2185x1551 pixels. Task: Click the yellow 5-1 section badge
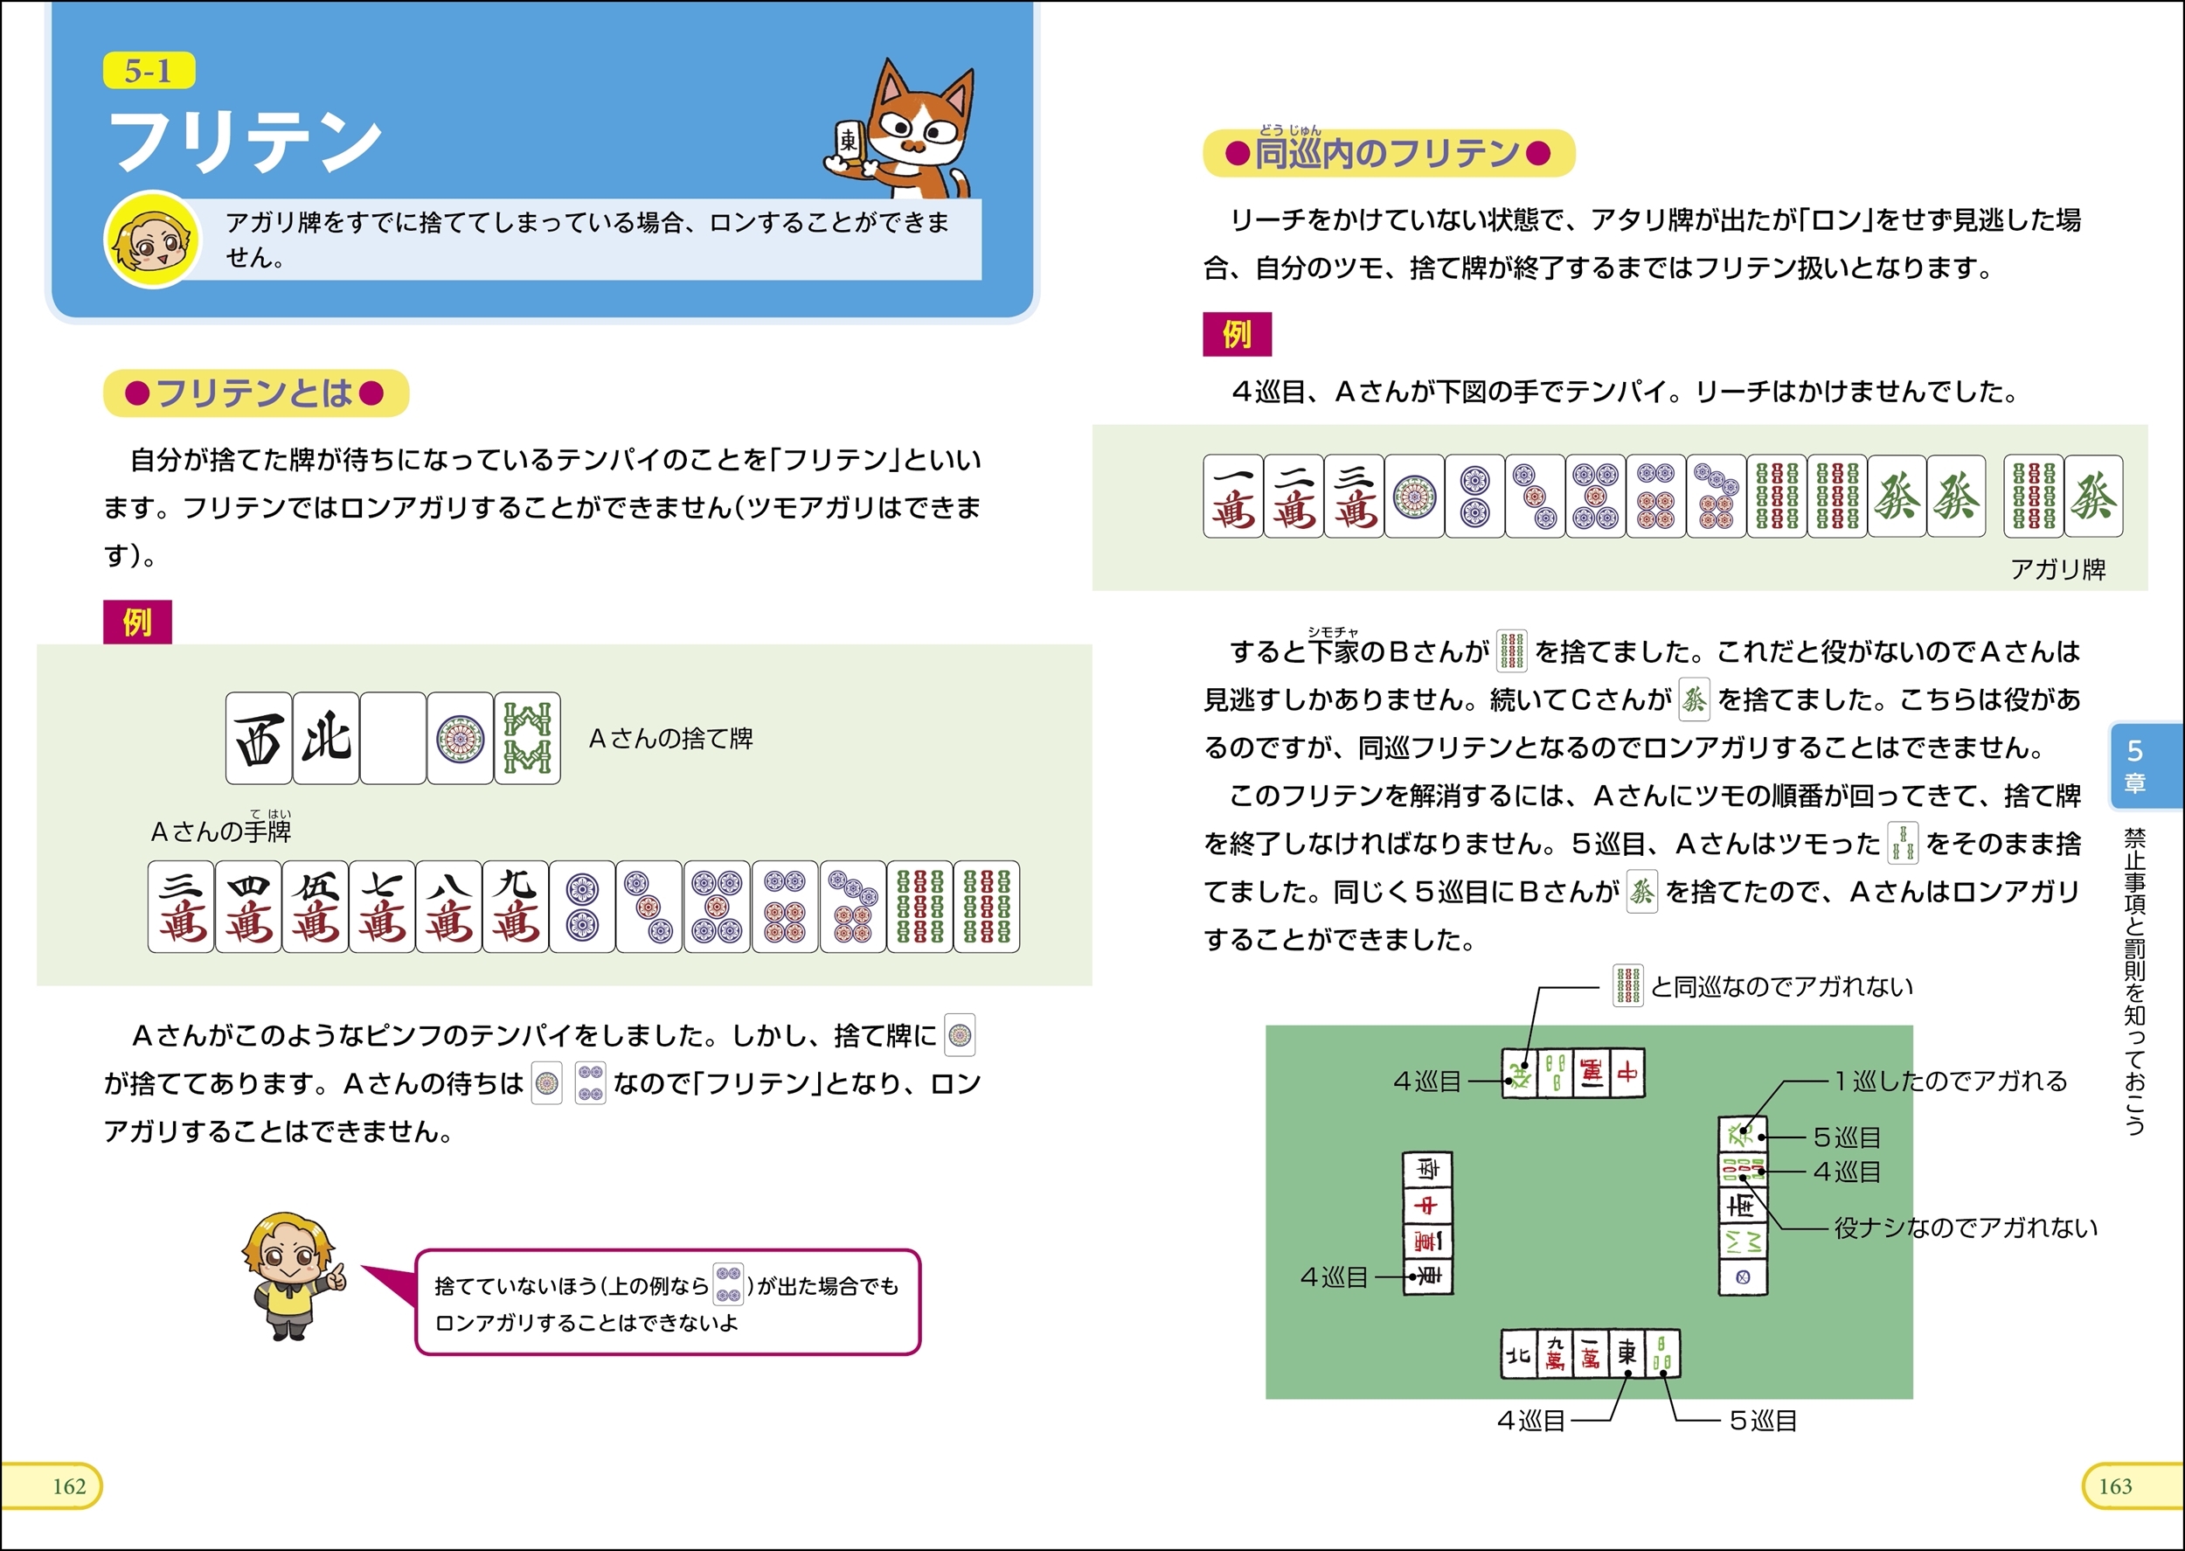149,71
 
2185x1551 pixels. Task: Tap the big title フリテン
246,142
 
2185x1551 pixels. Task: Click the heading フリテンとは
256,393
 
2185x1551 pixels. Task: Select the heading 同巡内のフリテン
1388,153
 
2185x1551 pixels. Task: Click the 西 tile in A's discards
259,738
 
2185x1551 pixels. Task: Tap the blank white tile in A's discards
393,738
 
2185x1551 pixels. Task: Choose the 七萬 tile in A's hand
382,907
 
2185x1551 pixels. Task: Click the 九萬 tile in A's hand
516,907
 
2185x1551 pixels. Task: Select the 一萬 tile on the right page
1233,496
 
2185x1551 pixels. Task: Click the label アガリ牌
2057,569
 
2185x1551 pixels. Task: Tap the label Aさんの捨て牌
671,738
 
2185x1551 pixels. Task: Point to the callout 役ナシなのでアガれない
1966,1228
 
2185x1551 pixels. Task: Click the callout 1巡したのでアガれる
1950,1082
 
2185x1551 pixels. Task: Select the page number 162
69,1486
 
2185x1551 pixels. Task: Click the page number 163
2115,1486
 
